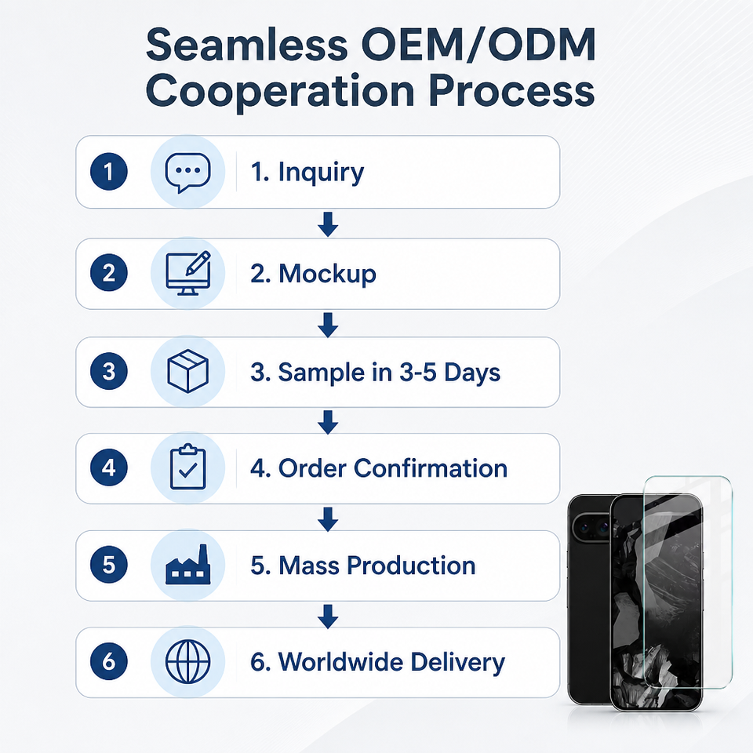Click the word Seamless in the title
[x=246, y=44]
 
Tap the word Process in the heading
[x=511, y=91]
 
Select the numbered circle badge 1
[x=109, y=172]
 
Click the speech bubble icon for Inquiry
[x=187, y=173]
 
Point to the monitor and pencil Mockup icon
[x=188, y=273]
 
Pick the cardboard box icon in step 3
[x=187, y=371]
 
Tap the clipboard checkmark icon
[x=188, y=467]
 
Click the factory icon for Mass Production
[x=188, y=565]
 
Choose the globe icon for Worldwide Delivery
[x=187, y=661]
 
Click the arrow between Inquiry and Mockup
[x=328, y=224]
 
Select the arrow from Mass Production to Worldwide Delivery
[x=328, y=617]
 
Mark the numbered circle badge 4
[x=109, y=467]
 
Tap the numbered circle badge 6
[x=109, y=661]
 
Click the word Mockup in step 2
[x=328, y=275]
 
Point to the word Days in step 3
[x=472, y=373]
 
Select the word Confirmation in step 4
[x=431, y=468]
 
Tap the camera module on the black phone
[x=590, y=528]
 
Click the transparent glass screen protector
[x=688, y=582]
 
